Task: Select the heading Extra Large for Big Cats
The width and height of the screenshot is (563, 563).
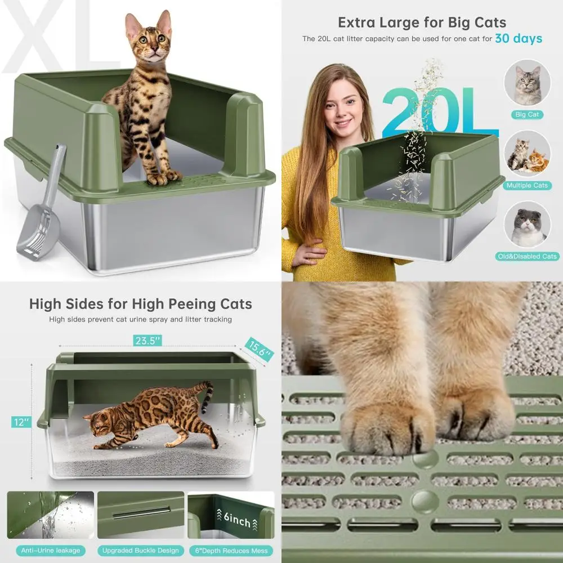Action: click(422, 23)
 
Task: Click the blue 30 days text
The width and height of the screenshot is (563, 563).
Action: click(519, 38)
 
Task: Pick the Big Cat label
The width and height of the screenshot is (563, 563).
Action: click(527, 114)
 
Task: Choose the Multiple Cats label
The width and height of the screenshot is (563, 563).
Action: click(527, 185)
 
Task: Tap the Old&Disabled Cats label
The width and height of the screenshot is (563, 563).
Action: click(527, 256)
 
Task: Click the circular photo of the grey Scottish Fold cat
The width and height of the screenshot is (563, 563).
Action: click(527, 225)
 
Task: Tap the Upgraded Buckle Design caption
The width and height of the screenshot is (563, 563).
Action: click(141, 550)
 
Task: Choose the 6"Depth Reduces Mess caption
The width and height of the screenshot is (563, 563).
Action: click(231, 550)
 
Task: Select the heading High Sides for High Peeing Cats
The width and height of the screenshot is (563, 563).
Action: click(141, 304)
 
